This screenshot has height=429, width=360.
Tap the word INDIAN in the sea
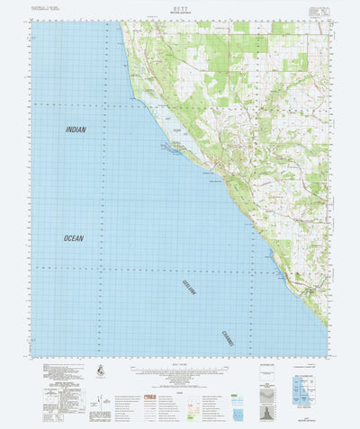(x=77, y=130)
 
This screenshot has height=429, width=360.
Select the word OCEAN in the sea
(x=73, y=238)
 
